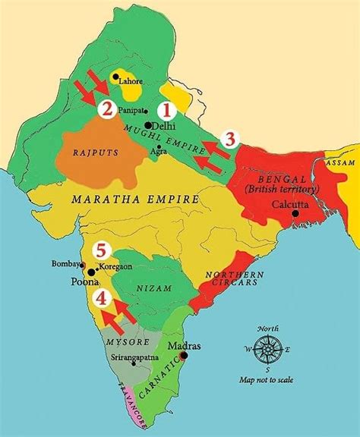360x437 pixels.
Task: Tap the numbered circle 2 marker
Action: pos(108,109)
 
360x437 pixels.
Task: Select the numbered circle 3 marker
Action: pos(231,138)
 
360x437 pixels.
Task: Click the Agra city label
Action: pos(159,150)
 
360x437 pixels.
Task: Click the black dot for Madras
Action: pos(183,354)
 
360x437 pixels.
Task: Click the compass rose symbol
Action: pos(268,351)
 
